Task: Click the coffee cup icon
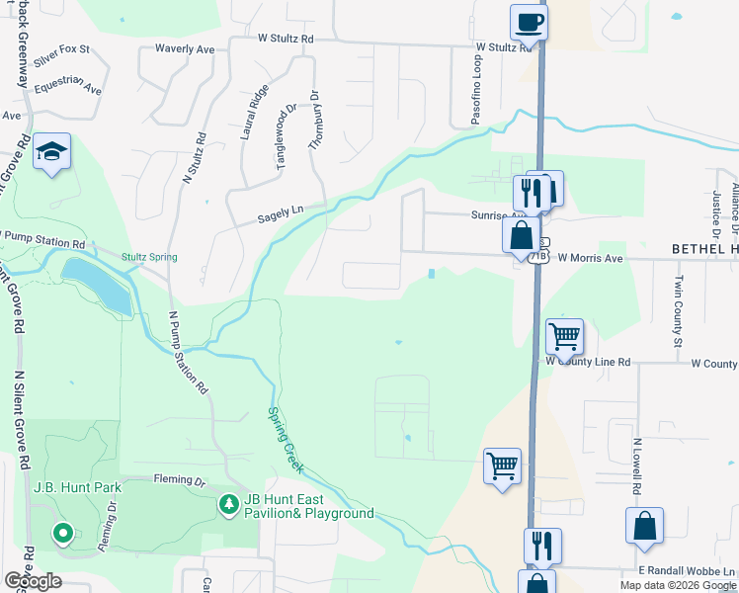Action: tap(529, 21)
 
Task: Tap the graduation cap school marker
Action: tap(51, 152)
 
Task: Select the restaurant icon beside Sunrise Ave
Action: tap(531, 195)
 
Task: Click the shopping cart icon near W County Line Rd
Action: tap(564, 336)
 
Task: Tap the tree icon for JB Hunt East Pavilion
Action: tap(229, 505)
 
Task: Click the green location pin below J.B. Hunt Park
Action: tap(63, 534)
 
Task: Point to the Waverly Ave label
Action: tap(185, 47)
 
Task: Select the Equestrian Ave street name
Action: tap(67, 87)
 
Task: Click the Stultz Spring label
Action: tap(149, 257)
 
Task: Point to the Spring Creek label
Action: tap(286, 440)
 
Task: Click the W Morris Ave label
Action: tap(590, 258)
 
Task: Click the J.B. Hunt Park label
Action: tap(77, 487)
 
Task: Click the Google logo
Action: tap(33, 580)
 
